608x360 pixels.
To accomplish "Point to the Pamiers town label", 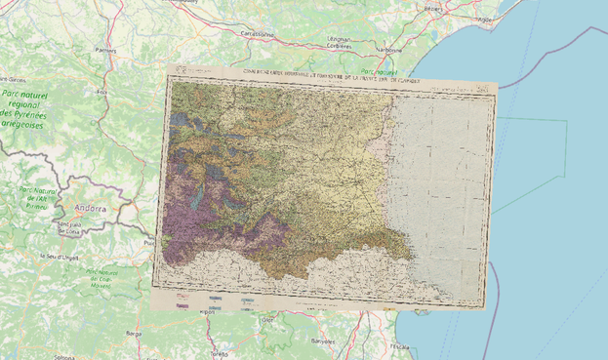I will [104, 48].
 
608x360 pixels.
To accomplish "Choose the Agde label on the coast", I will [484, 19].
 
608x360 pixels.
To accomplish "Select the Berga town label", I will [134, 333].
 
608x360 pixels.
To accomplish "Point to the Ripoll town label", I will [206, 313].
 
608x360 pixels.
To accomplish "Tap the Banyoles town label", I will [323, 341].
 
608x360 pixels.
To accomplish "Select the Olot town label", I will [268, 318].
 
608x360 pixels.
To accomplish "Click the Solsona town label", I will [64, 357].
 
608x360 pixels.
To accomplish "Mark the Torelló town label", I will [220, 354].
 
